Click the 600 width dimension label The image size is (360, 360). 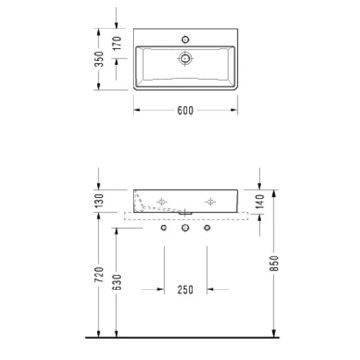(x=185, y=110)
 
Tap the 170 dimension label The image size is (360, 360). (x=118, y=43)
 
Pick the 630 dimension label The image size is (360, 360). (x=118, y=280)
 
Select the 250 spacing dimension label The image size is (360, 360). (x=185, y=290)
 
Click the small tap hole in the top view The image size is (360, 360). (x=185, y=40)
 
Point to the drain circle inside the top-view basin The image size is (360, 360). (x=185, y=59)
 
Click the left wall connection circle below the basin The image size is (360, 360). (x=163, y=229)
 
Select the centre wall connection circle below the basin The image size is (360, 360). (x=185, y=229)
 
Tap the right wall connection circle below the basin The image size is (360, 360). (x=208, y=229)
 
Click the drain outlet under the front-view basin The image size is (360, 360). (x=185, y=212)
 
